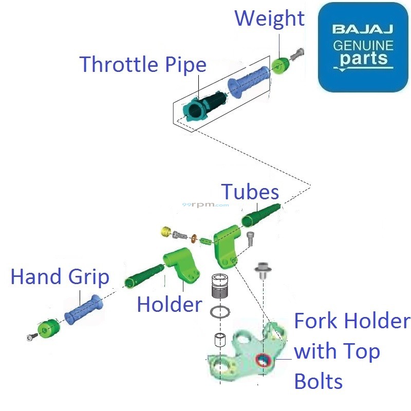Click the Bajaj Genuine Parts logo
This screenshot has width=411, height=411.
(363, 47)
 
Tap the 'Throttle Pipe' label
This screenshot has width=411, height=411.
(143, 65)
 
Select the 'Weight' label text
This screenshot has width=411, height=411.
(269, 18)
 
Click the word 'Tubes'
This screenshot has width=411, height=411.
(250, 192)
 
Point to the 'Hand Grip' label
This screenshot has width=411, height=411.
(60, 277)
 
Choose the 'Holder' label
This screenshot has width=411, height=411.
(170, 305)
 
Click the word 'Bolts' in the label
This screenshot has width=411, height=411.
(318, 382)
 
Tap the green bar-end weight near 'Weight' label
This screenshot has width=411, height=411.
(281, 66)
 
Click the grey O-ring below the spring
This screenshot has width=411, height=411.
(220, 312)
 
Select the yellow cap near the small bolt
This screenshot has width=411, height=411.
(165, 231)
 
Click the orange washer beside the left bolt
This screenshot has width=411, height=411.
(194, 238)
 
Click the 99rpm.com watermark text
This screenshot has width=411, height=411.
(206, 204)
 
